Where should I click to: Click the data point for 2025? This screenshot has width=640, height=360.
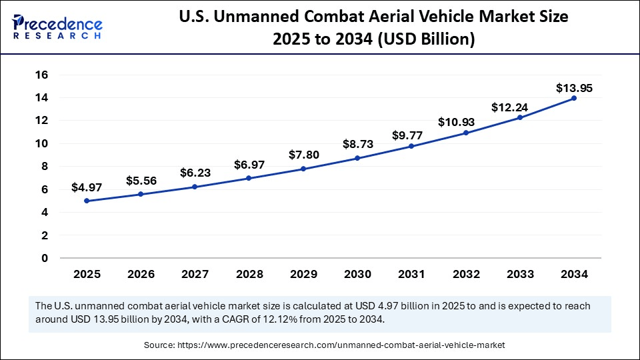pos(87,201)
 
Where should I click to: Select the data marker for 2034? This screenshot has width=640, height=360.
pos(574,98)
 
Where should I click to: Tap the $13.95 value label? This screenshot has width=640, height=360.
pos(574,88)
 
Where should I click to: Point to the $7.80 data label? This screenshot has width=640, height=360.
pos(303,155)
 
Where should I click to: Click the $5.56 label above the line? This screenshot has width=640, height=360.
pos(141,180)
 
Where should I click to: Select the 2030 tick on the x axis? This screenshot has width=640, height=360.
pos(357,274)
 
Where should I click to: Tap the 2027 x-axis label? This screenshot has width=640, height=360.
pos(195,274)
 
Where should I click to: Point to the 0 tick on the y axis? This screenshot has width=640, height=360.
pos(45,258)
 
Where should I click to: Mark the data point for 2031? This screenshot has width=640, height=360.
pos(411,146)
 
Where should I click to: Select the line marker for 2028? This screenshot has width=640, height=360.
pos(249,178)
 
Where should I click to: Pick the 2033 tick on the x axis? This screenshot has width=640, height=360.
pos(520,274)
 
